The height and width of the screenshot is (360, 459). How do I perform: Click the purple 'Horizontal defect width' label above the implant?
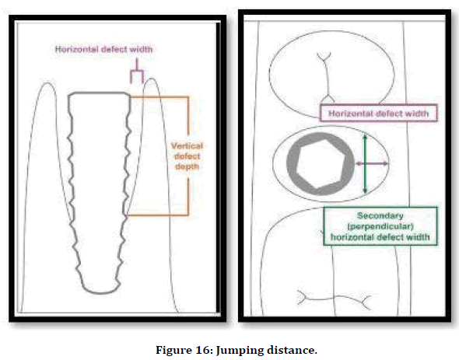(104, 49)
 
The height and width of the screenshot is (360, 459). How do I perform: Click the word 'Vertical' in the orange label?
(187, 145)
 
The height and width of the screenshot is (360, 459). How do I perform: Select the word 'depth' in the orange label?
(187, 166)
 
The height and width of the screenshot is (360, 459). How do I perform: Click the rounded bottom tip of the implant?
(101, 292)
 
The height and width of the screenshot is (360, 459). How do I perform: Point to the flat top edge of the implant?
(100, 93)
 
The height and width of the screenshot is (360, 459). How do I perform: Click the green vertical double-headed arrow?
(365, 163)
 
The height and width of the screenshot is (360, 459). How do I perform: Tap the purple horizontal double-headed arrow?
(372, 163)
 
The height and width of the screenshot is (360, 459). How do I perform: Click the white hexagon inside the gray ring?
(321, 164)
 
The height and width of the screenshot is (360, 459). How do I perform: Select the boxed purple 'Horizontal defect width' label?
(379, 113)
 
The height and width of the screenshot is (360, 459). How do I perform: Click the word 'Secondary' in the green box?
(380, 215)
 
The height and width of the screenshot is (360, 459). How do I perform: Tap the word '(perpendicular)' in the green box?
(380, 226)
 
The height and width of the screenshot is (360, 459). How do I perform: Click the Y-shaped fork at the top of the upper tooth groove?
(324, 57)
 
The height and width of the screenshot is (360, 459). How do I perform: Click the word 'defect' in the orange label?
(187, 156)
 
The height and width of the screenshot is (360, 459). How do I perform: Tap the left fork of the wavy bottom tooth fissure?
(302, 298)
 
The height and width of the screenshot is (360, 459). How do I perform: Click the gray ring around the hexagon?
(291, 164)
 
